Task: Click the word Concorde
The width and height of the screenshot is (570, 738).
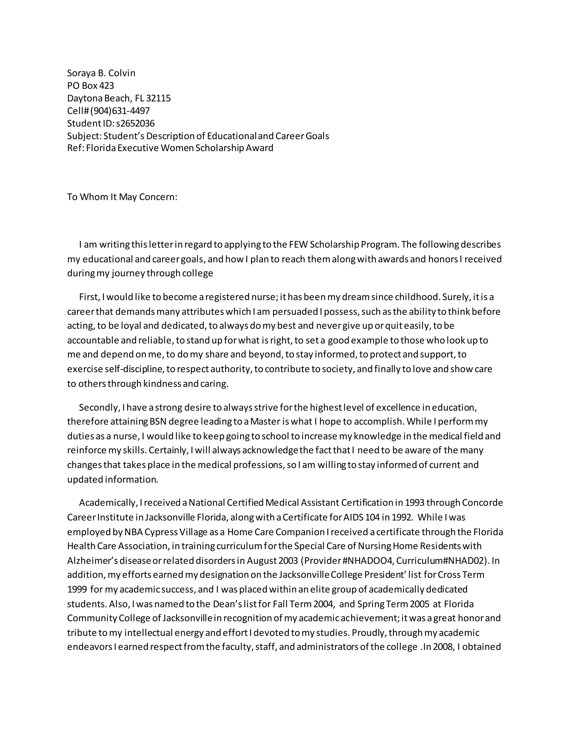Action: tap(482, 503)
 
